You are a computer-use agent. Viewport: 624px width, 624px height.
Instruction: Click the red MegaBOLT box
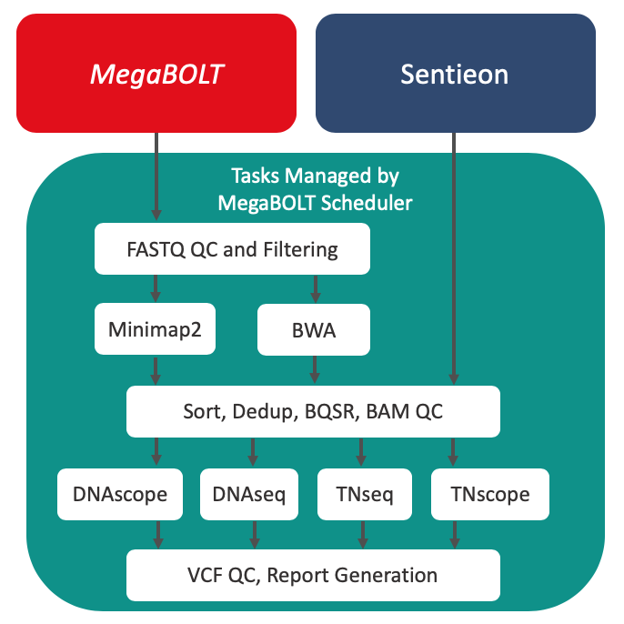click(156, 73)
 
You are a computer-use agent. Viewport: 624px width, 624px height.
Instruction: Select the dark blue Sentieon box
click(456, 73)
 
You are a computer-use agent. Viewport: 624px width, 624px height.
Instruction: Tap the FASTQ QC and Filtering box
click(233, 248)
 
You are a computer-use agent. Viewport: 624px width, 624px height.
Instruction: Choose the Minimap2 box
click(156, 328)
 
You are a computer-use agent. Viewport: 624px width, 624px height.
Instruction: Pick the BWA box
click(314, 329)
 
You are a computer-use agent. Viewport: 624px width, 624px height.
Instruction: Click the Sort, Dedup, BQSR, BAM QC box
click(313, 411)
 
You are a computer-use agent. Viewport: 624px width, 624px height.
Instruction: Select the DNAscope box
click(120, 494)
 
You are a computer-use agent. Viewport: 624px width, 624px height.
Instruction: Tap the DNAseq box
click(249, 494)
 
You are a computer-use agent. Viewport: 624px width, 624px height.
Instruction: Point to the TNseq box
click(365, 494)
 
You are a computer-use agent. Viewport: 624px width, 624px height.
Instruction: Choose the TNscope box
click(490, 494)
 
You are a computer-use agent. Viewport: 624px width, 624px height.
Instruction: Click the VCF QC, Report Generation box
click(313, 575)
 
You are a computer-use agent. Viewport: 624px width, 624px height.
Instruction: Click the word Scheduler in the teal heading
click(367, 203)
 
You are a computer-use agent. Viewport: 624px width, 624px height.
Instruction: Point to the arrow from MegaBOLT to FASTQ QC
click(156, 176)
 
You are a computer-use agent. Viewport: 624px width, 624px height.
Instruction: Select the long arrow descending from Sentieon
click(454, 258)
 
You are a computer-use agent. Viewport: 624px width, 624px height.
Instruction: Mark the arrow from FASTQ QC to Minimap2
click(156, 288)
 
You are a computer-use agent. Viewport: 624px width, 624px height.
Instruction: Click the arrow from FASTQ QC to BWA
click(316, 289)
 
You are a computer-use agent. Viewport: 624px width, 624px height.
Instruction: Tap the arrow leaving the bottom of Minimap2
click(156, 371)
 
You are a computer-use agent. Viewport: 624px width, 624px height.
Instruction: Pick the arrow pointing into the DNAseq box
click(253, 452)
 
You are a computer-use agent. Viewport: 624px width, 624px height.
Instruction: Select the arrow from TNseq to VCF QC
click(363, 535)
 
